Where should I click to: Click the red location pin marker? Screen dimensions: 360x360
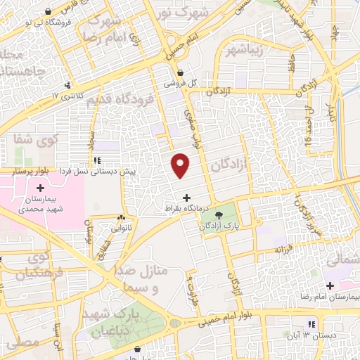coord(181,165)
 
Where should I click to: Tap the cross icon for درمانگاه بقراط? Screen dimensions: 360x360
coord(186,198)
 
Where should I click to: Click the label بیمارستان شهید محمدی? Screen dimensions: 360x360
coord(39,205)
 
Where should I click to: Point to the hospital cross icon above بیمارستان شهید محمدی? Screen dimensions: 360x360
coord(40,188)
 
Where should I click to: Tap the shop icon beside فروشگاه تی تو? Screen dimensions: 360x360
coord(47,12)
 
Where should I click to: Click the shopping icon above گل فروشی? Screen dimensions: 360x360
coord(180,71)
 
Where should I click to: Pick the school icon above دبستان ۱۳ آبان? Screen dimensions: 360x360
coord(310,324)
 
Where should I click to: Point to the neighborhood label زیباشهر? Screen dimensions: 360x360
coord(245,51)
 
